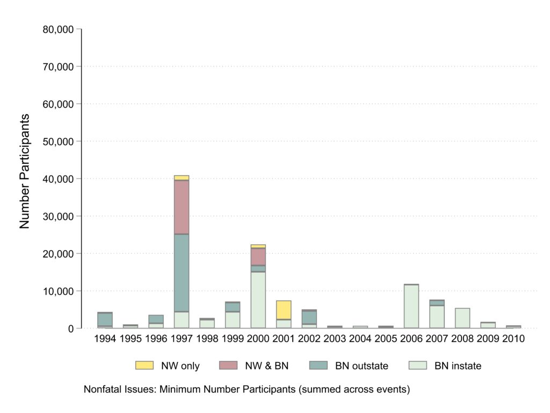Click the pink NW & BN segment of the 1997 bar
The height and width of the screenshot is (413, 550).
coord(181,207)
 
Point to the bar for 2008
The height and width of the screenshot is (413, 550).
coord(462,318)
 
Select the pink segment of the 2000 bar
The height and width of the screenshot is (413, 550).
coord(258,257)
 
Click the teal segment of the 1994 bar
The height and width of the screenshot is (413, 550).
coord(105,319)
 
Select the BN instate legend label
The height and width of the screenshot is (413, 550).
coord(458,366)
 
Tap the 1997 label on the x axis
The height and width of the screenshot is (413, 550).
coord(181,339)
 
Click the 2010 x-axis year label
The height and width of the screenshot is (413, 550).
coord(513,339)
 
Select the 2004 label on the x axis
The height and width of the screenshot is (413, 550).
coord(360,339)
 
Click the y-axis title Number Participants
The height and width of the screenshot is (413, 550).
coord(25,171)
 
